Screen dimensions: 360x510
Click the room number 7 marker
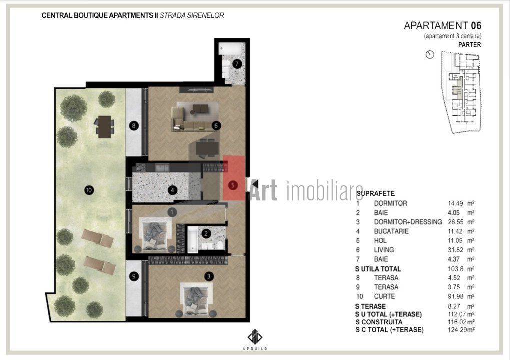(236, 63)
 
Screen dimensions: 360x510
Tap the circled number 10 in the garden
(89, 190)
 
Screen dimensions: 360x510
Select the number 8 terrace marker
(133, 126)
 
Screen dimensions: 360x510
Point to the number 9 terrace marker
(133, 275)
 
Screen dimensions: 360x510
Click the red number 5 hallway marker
(233, 184)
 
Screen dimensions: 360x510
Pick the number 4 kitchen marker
(172, 190)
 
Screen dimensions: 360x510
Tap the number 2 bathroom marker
(206, 232)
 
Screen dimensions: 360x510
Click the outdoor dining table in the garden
(104, 126)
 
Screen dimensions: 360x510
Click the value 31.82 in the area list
(455, 250)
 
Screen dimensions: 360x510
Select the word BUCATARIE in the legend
(391, 231)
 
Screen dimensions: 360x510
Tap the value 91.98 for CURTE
(455, 296)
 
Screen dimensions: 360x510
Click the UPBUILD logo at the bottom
(254, 340)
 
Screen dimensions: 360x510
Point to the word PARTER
(469, 44)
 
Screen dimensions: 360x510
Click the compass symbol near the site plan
(430, 55)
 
